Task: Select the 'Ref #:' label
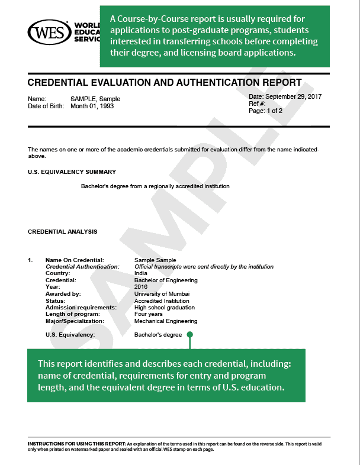(x=258, y=104)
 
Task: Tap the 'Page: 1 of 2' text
(x=266, y=111)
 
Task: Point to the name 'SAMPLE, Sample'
(x=95, y=99)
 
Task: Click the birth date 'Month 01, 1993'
(x=92, y=106)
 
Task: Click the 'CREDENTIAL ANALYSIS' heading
(x=63, y=232)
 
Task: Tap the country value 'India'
(x=141, y=273)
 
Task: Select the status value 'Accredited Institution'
(x=163, y=301)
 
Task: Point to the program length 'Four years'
(x=148, y=314)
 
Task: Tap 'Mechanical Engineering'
(x=166, y=321)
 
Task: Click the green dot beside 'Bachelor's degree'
(x=190, y=335)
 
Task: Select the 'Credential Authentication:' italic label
(x=82, y=267)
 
